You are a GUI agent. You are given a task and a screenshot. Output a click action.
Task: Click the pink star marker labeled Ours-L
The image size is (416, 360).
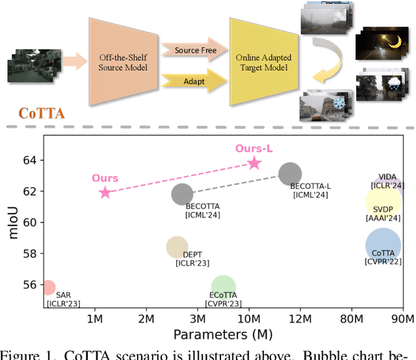(254, 163)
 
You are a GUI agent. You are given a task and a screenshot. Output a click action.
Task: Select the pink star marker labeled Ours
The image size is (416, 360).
(105, 192)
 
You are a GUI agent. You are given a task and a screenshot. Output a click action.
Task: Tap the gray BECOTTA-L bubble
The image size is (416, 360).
(290, 174)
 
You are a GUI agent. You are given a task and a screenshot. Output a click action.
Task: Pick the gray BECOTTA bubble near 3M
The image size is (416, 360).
(183, 194)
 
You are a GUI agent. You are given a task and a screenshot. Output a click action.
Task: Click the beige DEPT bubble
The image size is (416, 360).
(177, 247)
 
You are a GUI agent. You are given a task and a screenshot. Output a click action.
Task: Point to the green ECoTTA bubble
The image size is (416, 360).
(223, 287)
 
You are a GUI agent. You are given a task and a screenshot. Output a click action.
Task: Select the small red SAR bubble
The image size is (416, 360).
(48, 287)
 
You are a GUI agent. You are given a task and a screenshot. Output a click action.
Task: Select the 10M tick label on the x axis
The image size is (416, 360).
(248, 319)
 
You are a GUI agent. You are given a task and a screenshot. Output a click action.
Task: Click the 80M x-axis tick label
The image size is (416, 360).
(352, 319)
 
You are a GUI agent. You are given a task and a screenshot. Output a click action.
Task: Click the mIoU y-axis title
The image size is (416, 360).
(14, 222)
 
